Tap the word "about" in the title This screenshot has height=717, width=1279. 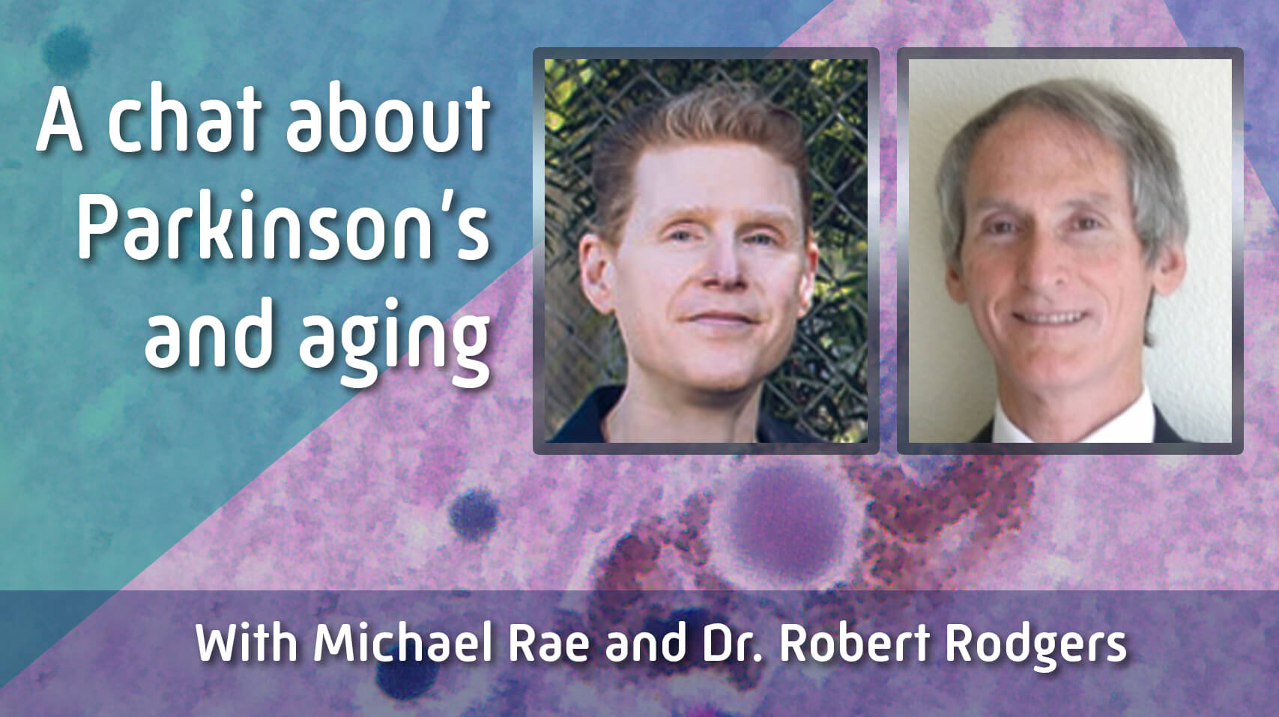coord(388,120)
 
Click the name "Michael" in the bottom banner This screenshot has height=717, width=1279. coord(402,644)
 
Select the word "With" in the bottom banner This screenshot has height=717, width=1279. coord(247,644)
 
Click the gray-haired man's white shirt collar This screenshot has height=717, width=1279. coord(1074,420)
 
